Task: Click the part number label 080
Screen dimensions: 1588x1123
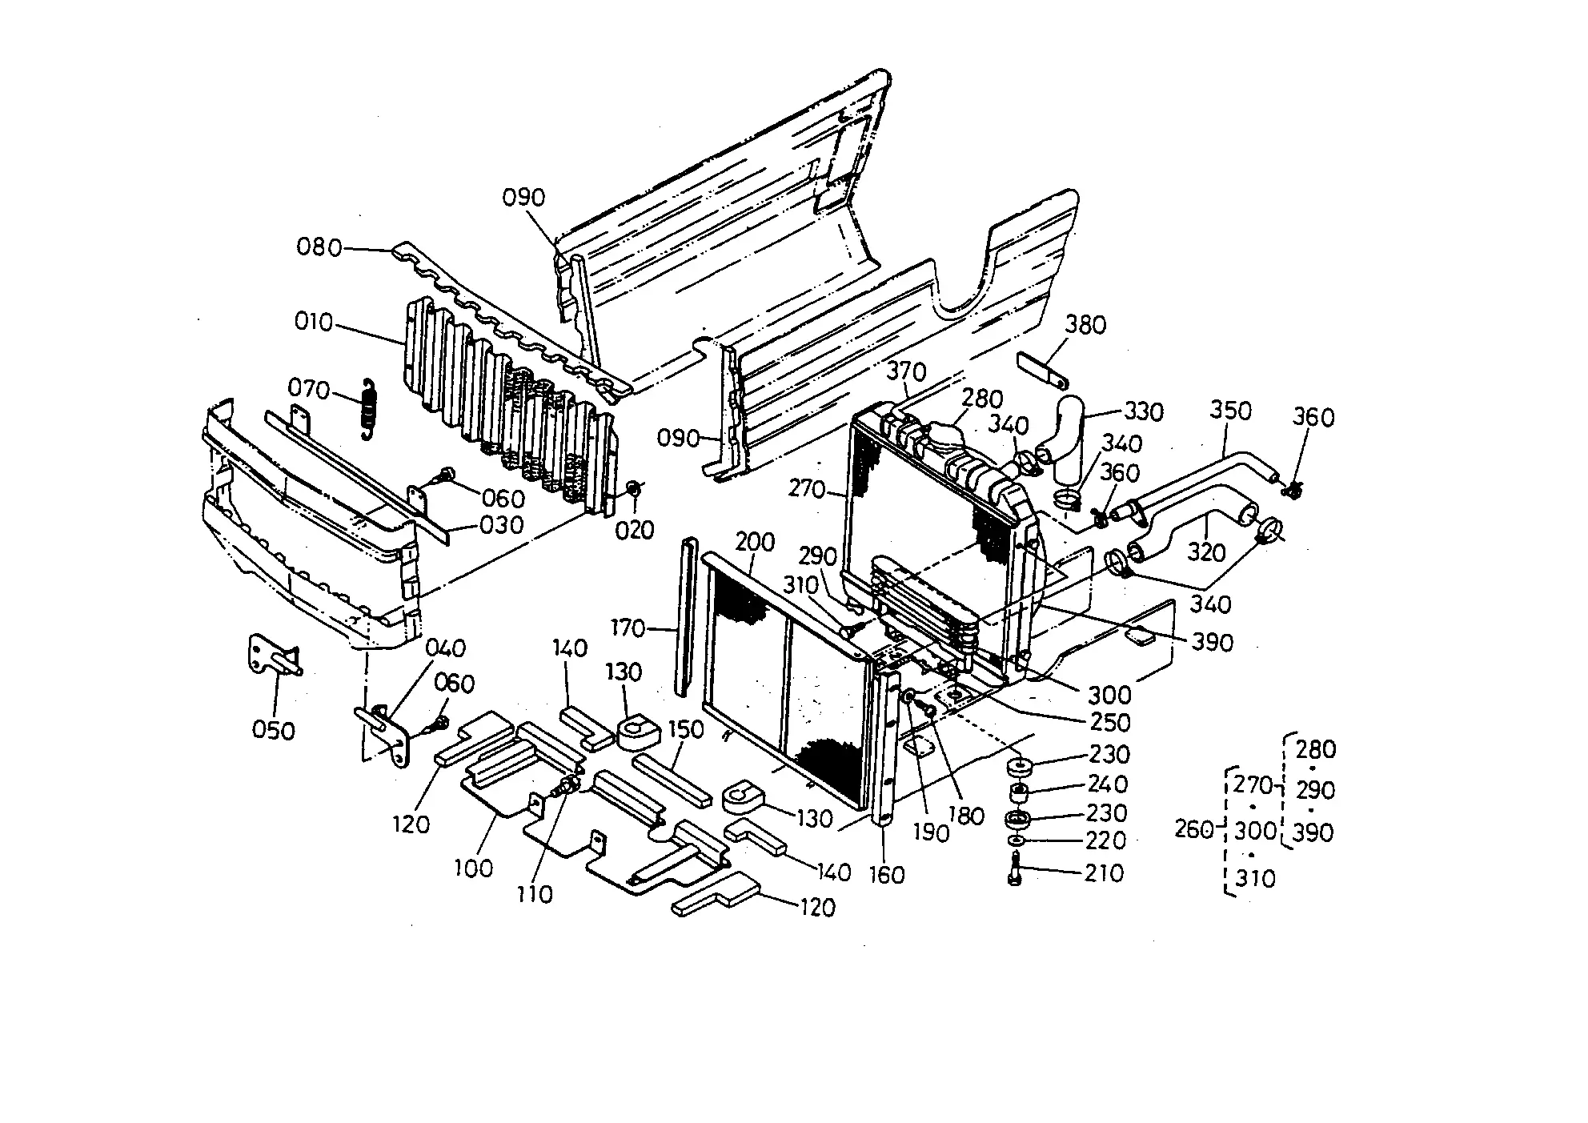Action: (x=319, y=247)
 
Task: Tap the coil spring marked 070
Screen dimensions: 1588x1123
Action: (x=368, y=407)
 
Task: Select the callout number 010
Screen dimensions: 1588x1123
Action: (x=313, y=323)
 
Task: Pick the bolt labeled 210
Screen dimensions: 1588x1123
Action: (x=1016, y=868)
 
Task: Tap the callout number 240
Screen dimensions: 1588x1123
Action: (x=1107, y=784)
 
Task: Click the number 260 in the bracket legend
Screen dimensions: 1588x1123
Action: (x=1195, y=829)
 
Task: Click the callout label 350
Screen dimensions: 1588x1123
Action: (x=1230, y=411)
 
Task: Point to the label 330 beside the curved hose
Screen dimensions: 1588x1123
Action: (x=1143, y=411)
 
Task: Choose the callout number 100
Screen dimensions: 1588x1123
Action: (x=473, y=868)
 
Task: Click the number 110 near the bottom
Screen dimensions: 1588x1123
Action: (x=535, y=893)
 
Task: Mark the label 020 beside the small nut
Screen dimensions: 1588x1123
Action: (x=635, y=530)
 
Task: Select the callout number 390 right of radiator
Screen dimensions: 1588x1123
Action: (x=1212, y=642)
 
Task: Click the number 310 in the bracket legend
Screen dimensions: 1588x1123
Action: (x=1254, y=879)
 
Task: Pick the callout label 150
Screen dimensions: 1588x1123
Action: (x=685, y=729)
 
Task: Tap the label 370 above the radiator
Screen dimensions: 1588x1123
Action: (x=906, y=371)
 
